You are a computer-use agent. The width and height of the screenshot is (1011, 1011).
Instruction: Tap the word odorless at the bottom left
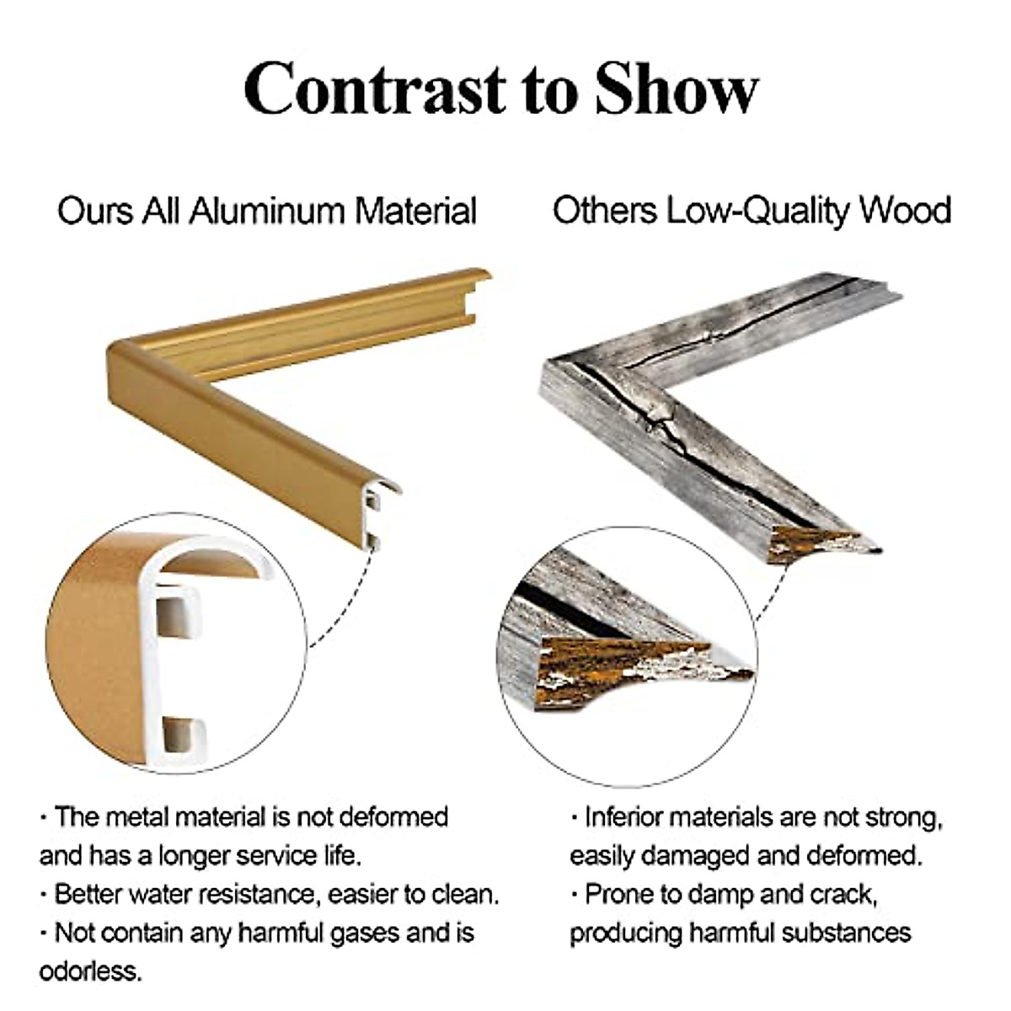click(91, 971)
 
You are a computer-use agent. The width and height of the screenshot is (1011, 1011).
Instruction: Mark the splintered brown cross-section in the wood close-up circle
click(623, 666)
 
